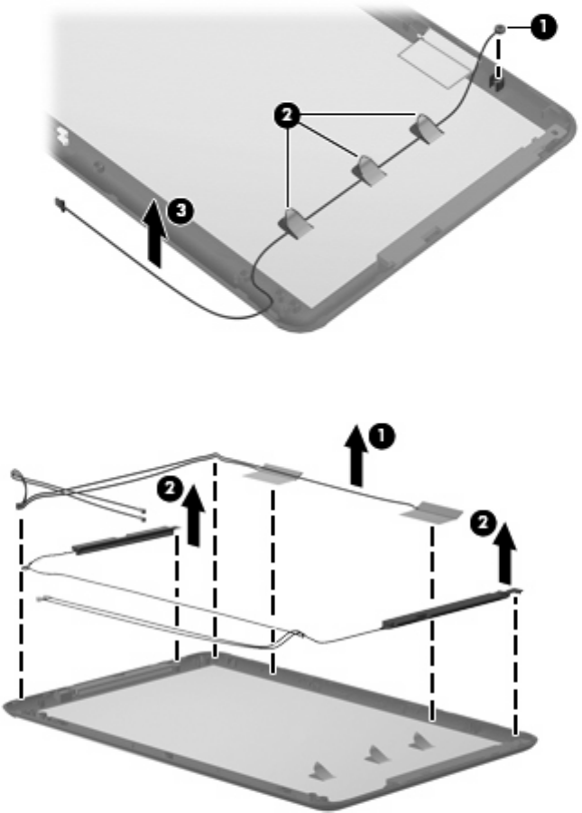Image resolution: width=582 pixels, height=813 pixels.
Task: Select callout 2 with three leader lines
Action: [x=287, y=115]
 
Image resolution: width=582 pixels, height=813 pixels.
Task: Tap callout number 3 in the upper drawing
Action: [x=180, y=210]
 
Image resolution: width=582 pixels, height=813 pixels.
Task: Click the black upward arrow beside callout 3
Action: [x=155, y=232]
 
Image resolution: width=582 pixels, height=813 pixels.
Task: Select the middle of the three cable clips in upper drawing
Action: [x=369, y=170]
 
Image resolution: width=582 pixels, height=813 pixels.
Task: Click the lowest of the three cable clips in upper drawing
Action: [x=296, y=223]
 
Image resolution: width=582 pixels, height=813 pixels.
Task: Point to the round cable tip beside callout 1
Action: [x=500, y=29]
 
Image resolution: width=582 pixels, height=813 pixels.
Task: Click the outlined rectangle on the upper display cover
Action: [x=437, y=57]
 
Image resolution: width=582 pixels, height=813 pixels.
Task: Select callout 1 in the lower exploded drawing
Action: [x=382, y=436]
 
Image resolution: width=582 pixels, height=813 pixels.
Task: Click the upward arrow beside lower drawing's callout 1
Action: [x=356, y=454]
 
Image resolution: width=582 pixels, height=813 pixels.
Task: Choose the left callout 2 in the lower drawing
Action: [x=171, y=489]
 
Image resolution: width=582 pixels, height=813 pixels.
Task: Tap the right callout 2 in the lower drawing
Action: [x=484, y=523]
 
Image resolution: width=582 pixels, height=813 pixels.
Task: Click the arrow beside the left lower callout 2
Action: [x=194, y=515]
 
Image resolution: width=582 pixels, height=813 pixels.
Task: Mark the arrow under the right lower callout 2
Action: [x=506, y=553]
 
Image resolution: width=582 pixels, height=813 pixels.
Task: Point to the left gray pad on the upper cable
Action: [x=273, y=472]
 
